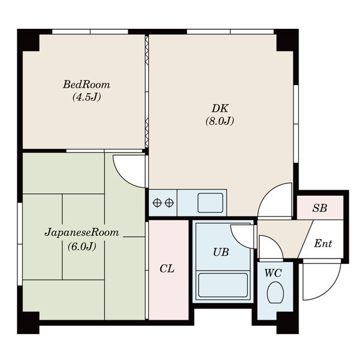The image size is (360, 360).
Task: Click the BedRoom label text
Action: point(86,85)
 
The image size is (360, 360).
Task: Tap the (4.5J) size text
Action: point(86,97)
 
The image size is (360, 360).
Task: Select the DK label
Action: point(220,109)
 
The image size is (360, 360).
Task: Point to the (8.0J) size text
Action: point(220,121)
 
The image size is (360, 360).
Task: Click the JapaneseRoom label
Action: point(82,233)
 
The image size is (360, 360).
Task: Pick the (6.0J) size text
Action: point(82,247)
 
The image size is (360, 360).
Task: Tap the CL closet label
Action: point(167,268)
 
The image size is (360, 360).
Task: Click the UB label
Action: point(221,252)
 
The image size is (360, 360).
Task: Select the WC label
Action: point(273,273)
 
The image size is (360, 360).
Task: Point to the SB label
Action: point(320,208)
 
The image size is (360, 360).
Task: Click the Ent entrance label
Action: point(323,244)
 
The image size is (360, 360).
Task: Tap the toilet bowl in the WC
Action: point(275,292)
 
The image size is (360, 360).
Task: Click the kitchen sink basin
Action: point(211,203)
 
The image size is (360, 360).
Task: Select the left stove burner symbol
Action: point(157,203)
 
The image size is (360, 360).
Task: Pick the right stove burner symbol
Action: point(169,203)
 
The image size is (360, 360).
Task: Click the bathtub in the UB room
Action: point(223,285)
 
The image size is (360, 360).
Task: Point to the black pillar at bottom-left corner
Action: point(28,323)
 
